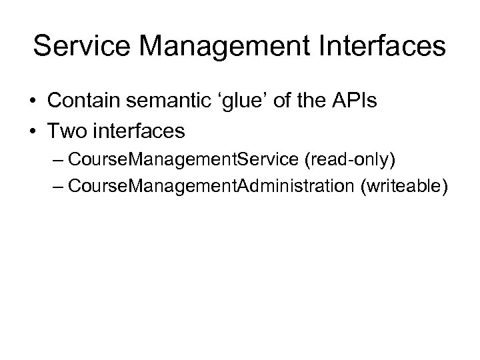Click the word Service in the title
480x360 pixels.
click(82, 47)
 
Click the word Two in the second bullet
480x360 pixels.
click(66, 131)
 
